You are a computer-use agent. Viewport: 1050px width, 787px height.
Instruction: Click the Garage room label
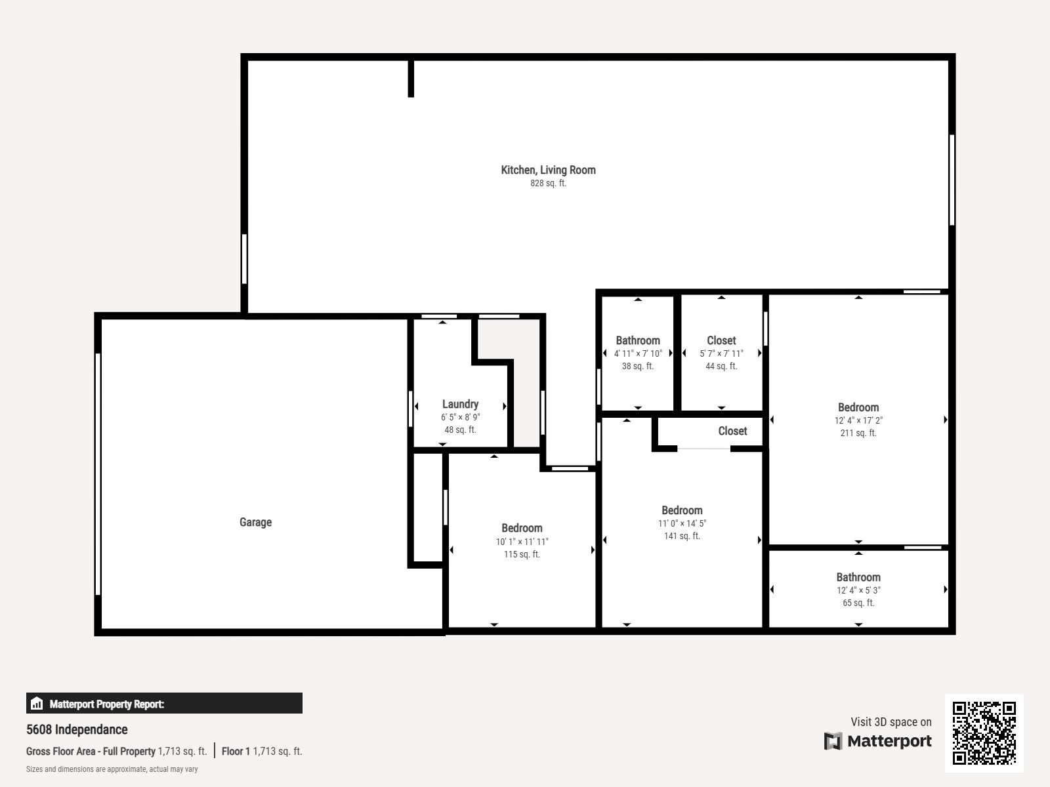click(x=255, y=522)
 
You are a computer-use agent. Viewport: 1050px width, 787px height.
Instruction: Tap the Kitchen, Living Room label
click(x=548, y=170)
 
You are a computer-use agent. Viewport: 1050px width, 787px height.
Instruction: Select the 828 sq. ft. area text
click(x=548, y=184)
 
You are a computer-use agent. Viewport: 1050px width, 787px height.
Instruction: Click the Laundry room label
click(x=460, y=404)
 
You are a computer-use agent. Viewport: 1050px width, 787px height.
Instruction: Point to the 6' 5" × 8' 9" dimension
click(x=460, y=417)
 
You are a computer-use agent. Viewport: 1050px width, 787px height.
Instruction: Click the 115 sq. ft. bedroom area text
click(x=522, y=554)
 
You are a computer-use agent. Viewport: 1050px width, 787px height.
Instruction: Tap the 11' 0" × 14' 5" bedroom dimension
click(x=682, y=523)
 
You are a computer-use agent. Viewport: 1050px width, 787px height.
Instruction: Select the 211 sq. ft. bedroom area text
click(x=858, y=433)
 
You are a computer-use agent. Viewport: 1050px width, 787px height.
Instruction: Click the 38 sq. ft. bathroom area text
click(x=637, y=366)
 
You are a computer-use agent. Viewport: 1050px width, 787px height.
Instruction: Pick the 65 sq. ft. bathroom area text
click(x=858, y=603)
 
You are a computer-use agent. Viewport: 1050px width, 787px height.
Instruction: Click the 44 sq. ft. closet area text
click(x=721, y=366)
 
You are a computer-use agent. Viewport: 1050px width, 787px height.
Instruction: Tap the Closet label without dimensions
click(x=732, y=431)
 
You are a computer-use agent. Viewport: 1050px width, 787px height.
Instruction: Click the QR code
click(x=984, y=733)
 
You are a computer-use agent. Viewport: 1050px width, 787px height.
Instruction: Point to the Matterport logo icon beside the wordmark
click(x=833, y=741)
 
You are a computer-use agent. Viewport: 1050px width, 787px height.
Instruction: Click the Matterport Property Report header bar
click(x=164, y=703)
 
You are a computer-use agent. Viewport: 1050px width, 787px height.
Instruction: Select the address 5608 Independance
click(x=77, y=729)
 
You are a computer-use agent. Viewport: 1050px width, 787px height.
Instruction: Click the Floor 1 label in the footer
click(x=236, y=751)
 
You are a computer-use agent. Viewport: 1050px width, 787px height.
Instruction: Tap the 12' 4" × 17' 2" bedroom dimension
click(x=858, y=420)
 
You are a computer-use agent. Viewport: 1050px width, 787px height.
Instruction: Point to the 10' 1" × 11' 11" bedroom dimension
click(x=522, y=542)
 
